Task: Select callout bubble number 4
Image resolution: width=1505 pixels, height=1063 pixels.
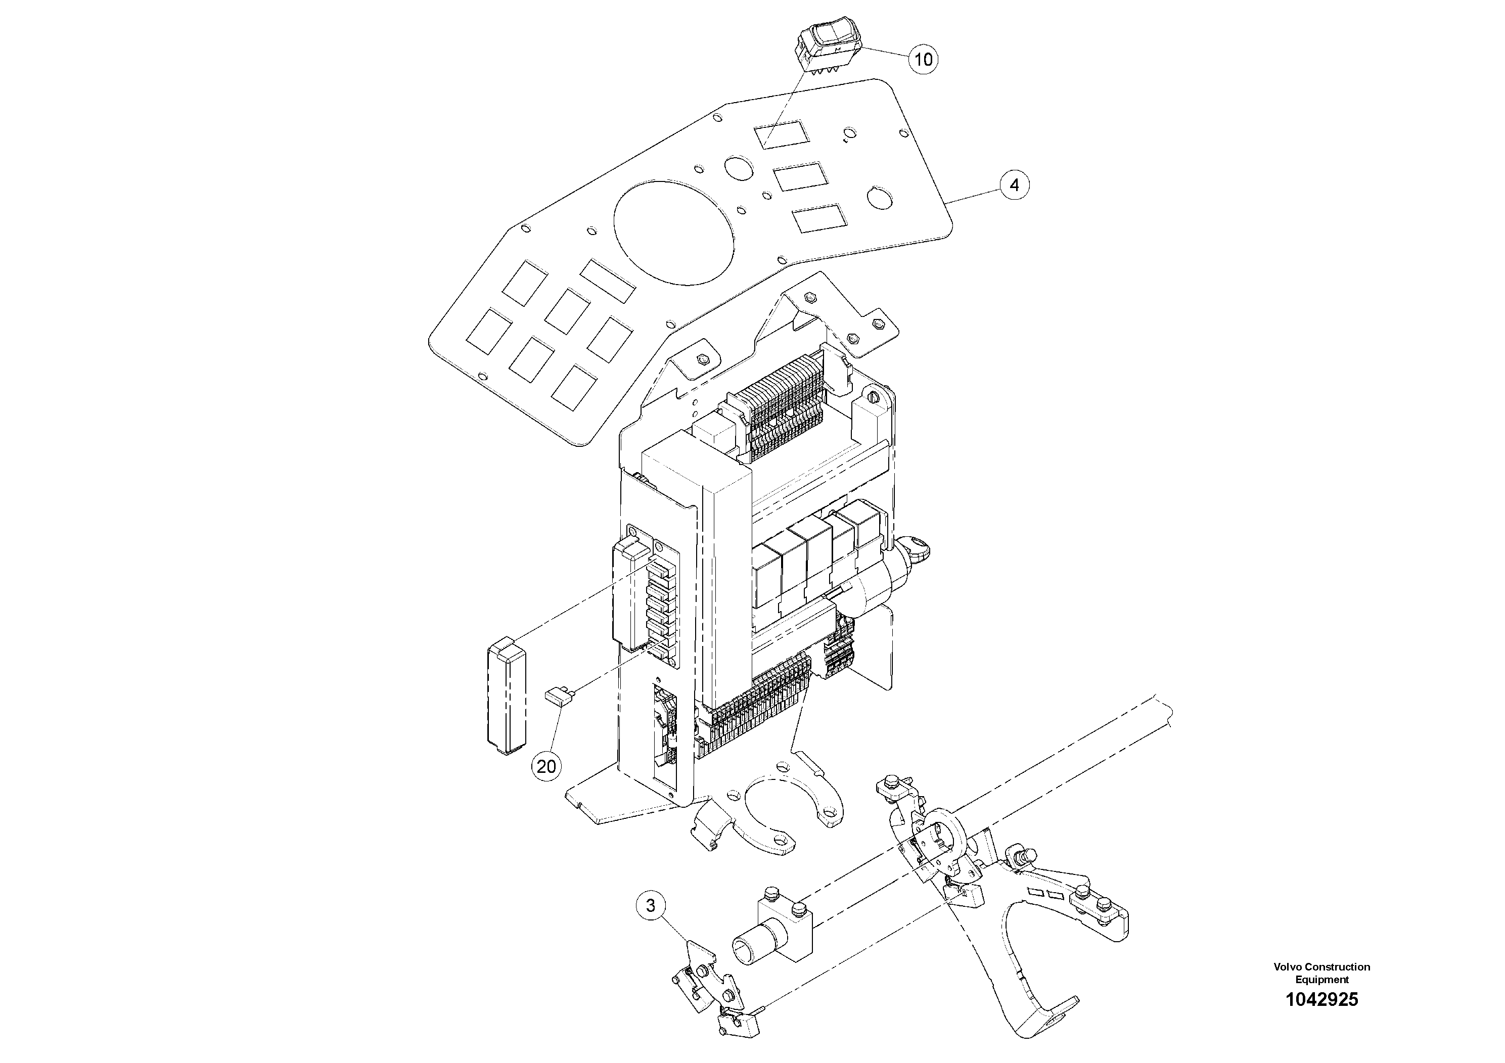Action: [x=1014, y=186]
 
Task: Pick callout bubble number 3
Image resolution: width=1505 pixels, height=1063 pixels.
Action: [x=650, y=906]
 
